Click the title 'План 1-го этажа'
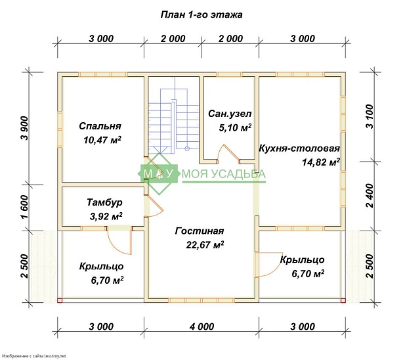tap(201, 14)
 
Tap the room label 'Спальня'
tap(100, 126)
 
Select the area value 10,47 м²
tap(102, 140)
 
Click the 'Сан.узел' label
tap(230, 114)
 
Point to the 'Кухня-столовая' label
tap(299, 148)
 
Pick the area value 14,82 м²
tap(321, 162)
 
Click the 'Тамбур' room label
tap(104, 202)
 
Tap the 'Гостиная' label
tap(200, 231)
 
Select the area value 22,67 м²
tap(205, 245)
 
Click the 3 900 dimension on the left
tap(25, 128)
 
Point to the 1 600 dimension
tap(25, 207)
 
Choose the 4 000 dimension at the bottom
tap(201, 326)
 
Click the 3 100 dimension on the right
tap(370, 116)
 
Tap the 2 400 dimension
tap(370, 196)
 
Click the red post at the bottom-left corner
tap(60, 300)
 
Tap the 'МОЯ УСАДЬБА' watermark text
tap(224, 174)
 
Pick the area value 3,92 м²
tap(106, 216)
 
